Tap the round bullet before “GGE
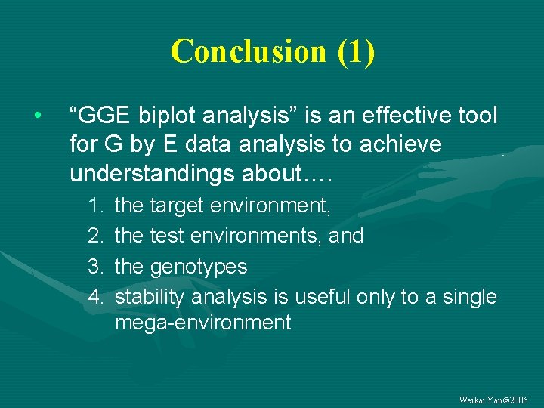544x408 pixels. [36, 116]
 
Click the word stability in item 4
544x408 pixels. [150, 297]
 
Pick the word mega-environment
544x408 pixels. [202, 323]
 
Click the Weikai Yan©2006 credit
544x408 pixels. [493, 400]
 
